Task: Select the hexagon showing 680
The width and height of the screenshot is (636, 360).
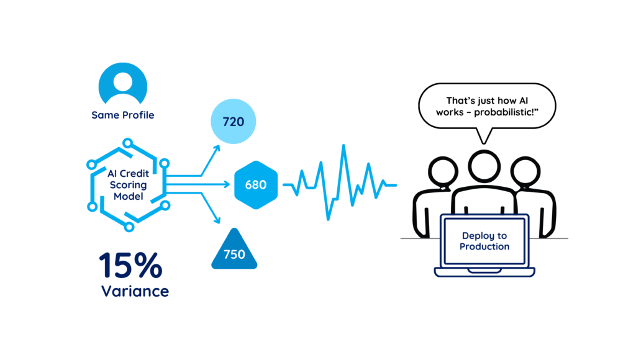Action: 255,185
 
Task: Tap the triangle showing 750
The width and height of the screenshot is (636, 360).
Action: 234,252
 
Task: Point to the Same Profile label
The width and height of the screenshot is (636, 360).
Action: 123,115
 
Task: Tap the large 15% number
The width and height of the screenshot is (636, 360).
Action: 130,265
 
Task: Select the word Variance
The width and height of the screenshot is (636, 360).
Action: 135,291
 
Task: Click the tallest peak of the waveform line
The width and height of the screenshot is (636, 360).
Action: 343,149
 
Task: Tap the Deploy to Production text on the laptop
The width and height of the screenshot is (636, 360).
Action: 484,241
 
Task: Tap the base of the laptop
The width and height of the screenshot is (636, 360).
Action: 484,272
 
